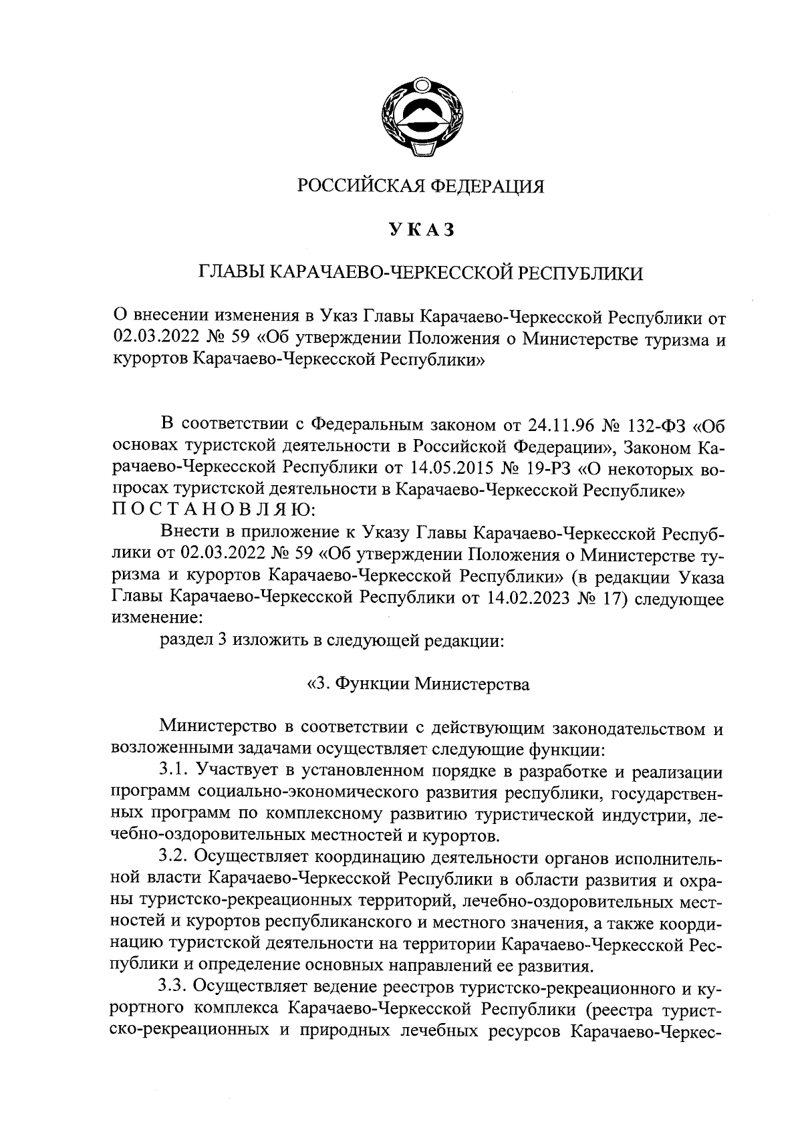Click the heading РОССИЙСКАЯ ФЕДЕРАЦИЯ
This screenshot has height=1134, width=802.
(420, 186)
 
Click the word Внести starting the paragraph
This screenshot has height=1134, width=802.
(190, 533)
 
